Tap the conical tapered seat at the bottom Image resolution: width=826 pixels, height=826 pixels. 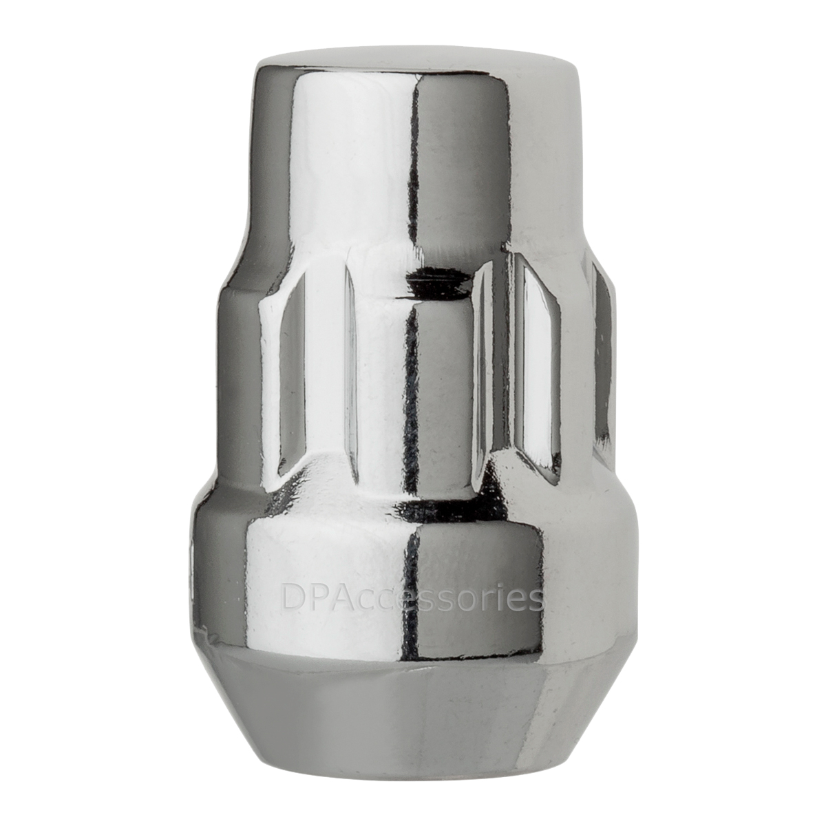pos(413,702)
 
